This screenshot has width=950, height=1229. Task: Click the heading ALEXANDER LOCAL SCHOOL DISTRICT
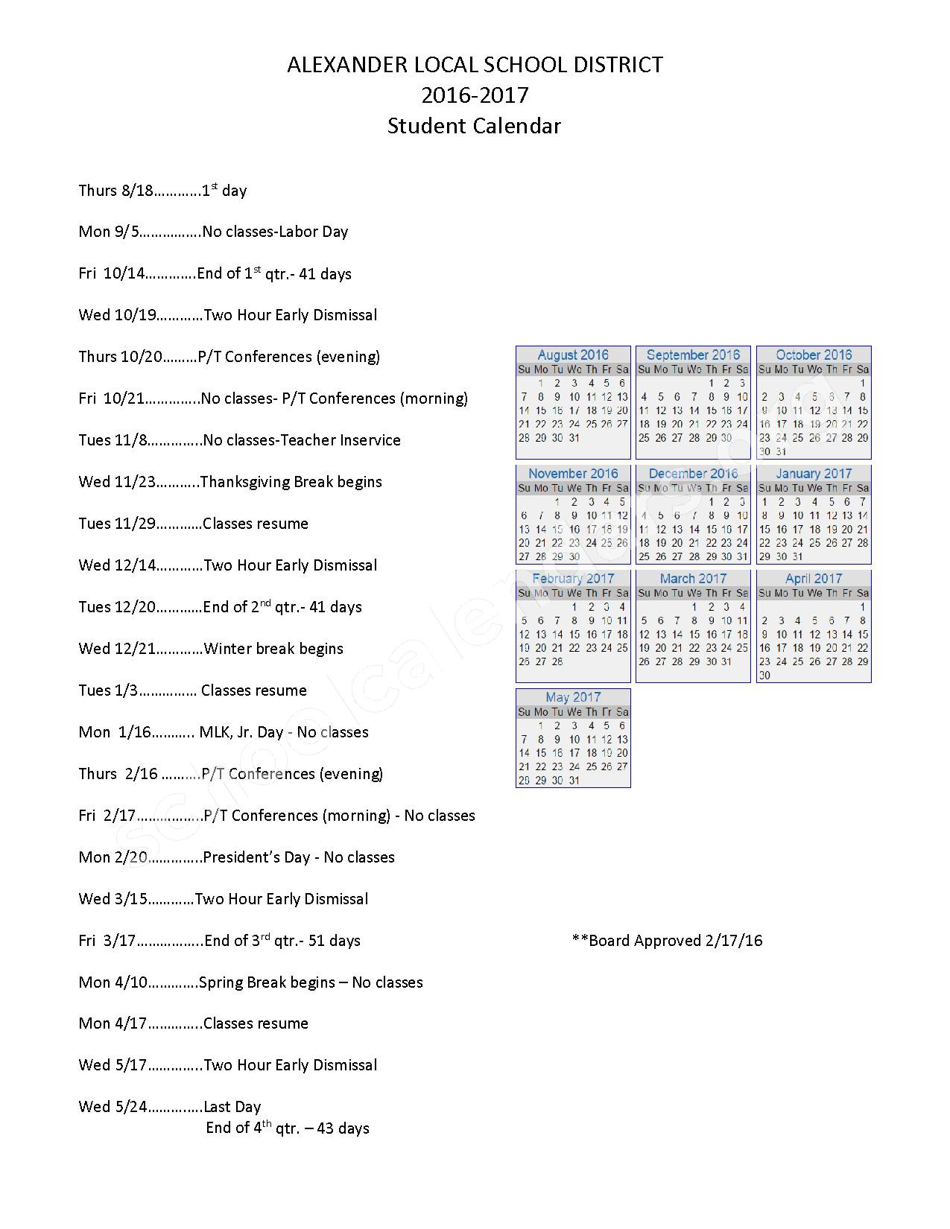click(475, 66)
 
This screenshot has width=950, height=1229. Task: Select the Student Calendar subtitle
click(474, 126)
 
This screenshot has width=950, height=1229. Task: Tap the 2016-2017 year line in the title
click(475, 95)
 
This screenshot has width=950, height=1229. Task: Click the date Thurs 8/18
click(115, 191)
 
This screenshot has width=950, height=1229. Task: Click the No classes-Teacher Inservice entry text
click(301, 440)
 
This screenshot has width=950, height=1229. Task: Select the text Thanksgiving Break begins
click(291, 482)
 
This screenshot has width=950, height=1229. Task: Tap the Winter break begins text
click(273, 649)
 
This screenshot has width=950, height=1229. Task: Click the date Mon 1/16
click(115, 732)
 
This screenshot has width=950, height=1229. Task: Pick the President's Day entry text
click(298, 857)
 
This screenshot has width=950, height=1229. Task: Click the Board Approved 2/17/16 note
click(667, 941)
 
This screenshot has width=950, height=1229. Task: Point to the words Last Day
click(232, 1107)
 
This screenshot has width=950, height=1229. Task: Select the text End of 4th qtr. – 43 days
click(288, 1128)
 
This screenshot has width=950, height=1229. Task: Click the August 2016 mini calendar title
click(573, 355)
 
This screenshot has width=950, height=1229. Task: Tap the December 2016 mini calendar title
click(693, 474)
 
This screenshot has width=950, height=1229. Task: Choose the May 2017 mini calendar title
click(573, 697)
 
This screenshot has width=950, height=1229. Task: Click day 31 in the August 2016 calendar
click(574, 438)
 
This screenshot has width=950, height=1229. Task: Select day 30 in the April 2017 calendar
click(764, 676)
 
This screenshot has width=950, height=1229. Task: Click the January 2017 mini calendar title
click(814, 474)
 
